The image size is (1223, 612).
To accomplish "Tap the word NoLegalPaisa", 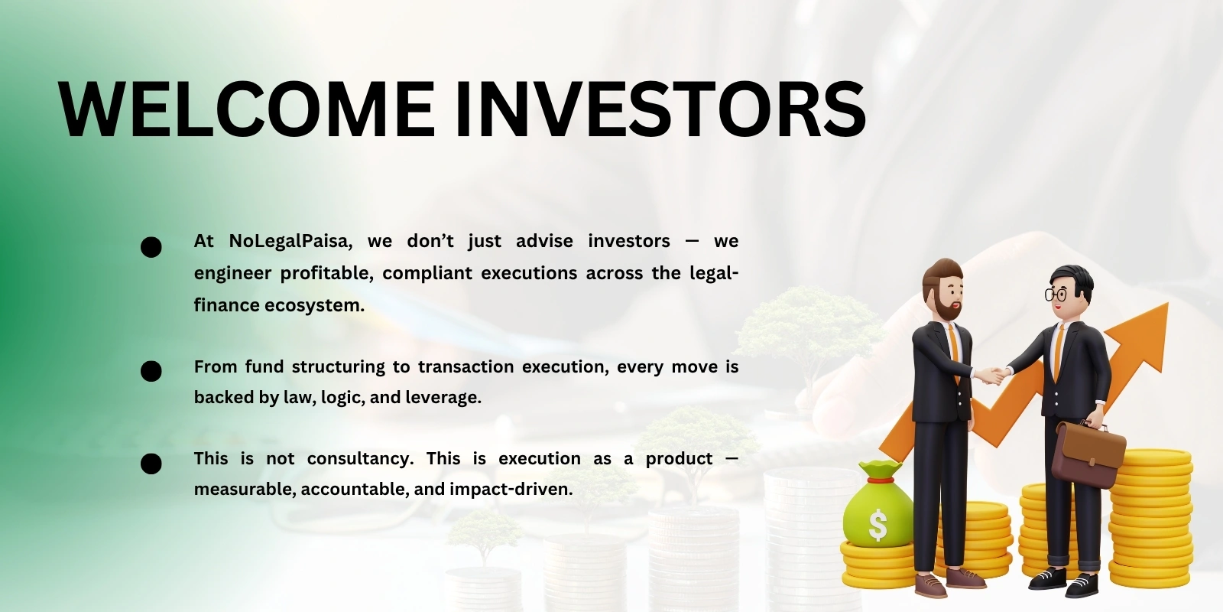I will (290, 241).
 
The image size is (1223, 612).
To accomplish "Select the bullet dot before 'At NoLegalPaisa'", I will (151, 247).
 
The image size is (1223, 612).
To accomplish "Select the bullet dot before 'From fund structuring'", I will (151, 371).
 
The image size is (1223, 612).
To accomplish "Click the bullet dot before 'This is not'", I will (151, 464).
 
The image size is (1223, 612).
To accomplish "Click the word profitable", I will (326, 273).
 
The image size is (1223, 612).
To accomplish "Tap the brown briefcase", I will (1088, 454).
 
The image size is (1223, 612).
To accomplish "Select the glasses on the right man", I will (1056, 294).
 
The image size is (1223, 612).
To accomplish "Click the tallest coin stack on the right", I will (1150, 520).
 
